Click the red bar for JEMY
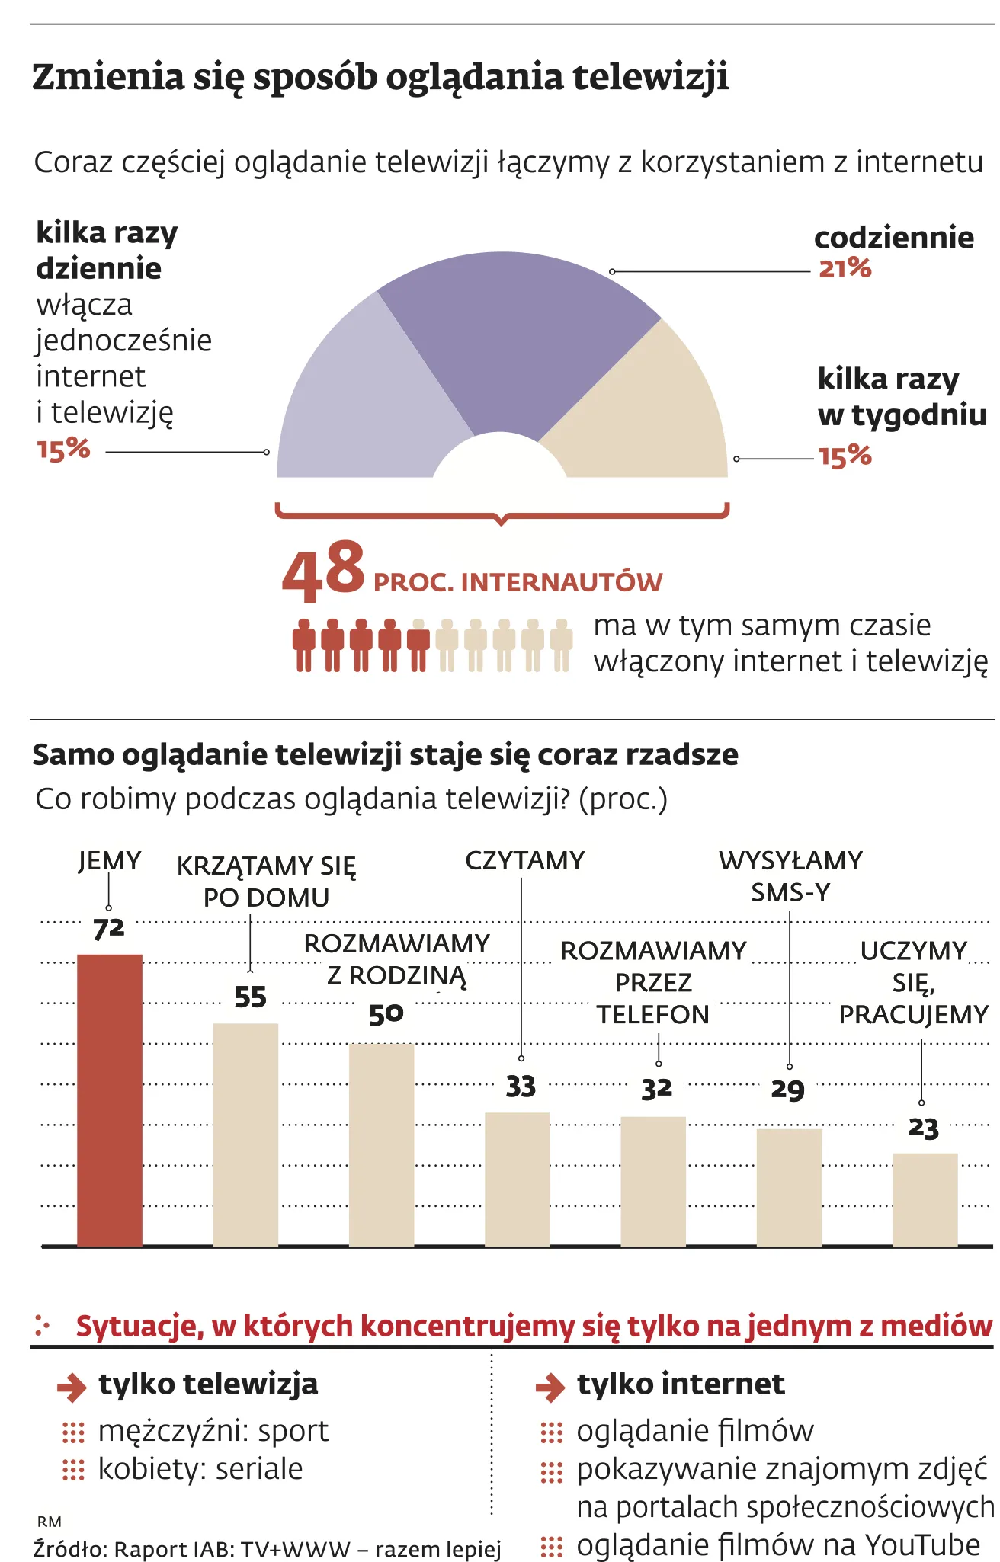tap(110, 1099)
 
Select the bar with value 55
tap(245, 1135)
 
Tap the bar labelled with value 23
tap(925, 1199)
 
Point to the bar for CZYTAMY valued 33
tap(518, 1179)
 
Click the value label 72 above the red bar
tap(108, 930)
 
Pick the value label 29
tap(788, 1090)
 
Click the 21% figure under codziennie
tap(845, 267)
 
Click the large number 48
tap(324, 569)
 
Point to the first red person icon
tap(304, 645)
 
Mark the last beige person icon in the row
tap(562, 645)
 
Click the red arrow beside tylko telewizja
tap(72, 1387)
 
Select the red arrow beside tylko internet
tap(550, 1387)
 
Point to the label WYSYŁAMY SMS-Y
tap(790, 876)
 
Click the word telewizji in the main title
tap(651, 78)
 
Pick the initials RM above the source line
tap(49, 1522)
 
